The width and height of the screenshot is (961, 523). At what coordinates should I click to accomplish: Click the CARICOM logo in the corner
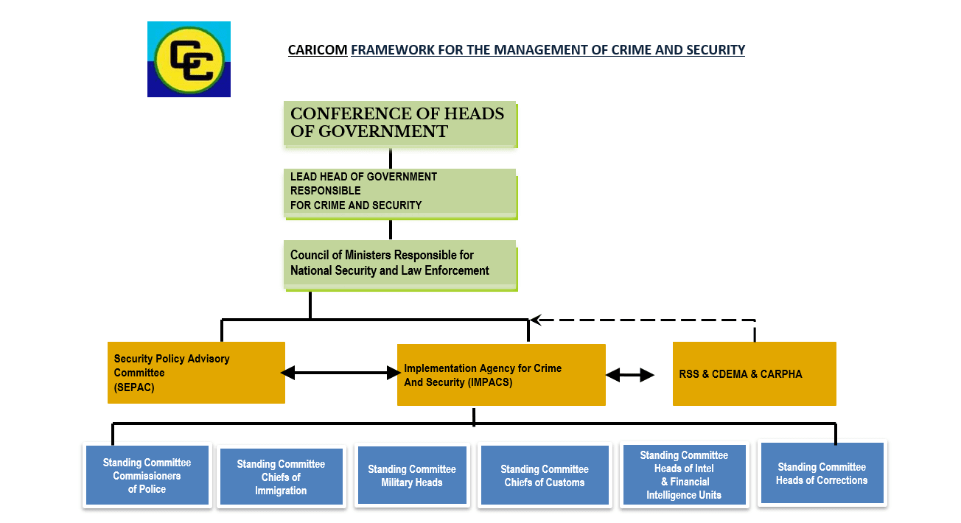tap(189, 59)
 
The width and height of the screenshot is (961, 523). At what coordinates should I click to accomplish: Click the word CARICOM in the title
tap(318, 50)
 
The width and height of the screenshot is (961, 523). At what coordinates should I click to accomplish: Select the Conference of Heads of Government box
tap(399, 123)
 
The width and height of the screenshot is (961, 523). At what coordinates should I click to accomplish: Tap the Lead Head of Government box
tap(399, 192)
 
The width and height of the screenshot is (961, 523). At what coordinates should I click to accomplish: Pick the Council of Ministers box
tap(399, 263)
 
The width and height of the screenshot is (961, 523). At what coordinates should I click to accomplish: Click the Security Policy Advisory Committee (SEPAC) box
tap(196, 373)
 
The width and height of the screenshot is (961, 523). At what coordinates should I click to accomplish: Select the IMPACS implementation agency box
tap(501, 374)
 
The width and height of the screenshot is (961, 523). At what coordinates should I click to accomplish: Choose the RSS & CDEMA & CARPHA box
tap(754, 373)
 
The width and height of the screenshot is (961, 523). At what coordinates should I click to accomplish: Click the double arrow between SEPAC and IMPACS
tap(340, 373)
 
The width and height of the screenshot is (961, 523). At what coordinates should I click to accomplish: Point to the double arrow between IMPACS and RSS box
tap(630, 375)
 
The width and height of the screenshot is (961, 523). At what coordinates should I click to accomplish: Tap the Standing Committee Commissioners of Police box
tap(147, 475)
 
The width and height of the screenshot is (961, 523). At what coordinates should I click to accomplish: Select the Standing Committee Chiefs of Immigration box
tap(281, 477)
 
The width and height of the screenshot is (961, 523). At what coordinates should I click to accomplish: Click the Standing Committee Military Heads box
tap(412, 476)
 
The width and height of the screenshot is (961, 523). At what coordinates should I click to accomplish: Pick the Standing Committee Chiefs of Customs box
tap(545, 476)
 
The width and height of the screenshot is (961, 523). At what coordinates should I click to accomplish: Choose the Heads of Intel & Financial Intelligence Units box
tap(684, 475)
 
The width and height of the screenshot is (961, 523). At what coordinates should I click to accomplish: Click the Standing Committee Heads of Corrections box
tap(822, 473)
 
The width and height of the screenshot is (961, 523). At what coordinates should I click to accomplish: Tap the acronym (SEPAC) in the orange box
tap(134, 387)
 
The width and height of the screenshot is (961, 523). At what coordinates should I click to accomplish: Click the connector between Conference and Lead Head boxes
tap(391, 158)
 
